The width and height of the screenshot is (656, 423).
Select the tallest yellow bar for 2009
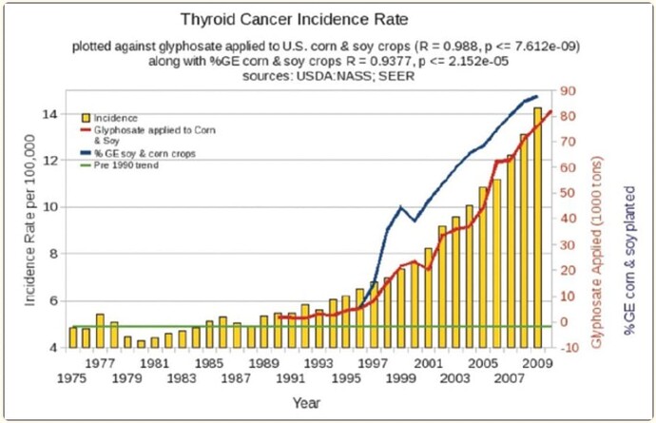537,228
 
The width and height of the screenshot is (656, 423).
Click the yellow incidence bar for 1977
100,331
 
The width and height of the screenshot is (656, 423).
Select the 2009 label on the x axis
537,362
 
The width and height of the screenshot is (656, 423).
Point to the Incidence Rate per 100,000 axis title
30,221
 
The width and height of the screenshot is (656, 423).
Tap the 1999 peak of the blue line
400,207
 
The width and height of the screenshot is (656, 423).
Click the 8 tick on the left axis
58,254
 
